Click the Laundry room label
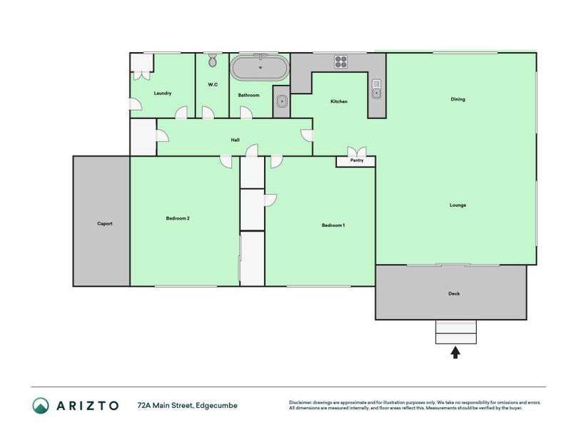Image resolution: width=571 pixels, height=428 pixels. (x=163, y=93)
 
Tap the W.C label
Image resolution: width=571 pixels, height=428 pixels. (x=213, y=84)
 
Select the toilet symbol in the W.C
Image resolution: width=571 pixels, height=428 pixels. (x=213, y=61)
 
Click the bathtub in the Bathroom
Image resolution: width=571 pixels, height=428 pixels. (x=260, y=68)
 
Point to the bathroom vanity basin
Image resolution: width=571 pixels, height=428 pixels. (x=281, y=101)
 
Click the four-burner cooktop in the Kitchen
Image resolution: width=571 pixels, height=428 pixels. (x=341, y=62)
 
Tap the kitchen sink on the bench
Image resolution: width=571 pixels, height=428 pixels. (x=377, y=88)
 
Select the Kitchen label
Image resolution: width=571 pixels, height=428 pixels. (x=338, y=101)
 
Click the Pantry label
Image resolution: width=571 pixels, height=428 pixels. (x=357, y=160)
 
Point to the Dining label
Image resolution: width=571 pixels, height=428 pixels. (x=458, y=99)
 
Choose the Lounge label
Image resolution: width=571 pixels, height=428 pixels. (x=458, y=205)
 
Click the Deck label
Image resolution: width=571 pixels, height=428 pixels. (x=454, y=293)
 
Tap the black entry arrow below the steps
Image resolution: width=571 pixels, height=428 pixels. (x=455, y=352)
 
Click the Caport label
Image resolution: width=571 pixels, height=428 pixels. (x=105, y=223)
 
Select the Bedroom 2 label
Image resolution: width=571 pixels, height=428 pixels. (x=178, y=218)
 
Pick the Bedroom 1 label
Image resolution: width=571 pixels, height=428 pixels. (x=333, y=225)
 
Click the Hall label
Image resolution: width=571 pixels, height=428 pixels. (x=236, y=140)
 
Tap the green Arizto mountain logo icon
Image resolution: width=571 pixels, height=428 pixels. (x=40, y=405)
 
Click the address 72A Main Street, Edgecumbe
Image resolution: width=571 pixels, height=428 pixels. (x=188, y=405)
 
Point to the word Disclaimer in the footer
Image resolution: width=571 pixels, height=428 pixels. (x=300, y=402)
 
